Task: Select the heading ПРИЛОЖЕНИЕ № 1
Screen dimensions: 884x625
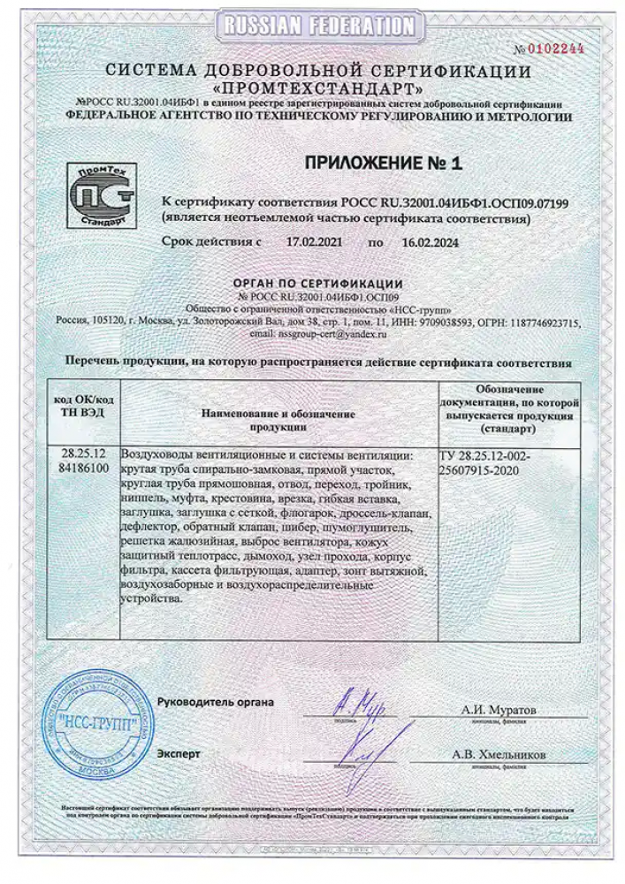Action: tap(384, 163)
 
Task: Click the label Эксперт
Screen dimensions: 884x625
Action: tap(179, 753)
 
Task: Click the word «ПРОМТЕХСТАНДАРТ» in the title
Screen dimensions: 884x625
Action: tap(317, 89)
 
